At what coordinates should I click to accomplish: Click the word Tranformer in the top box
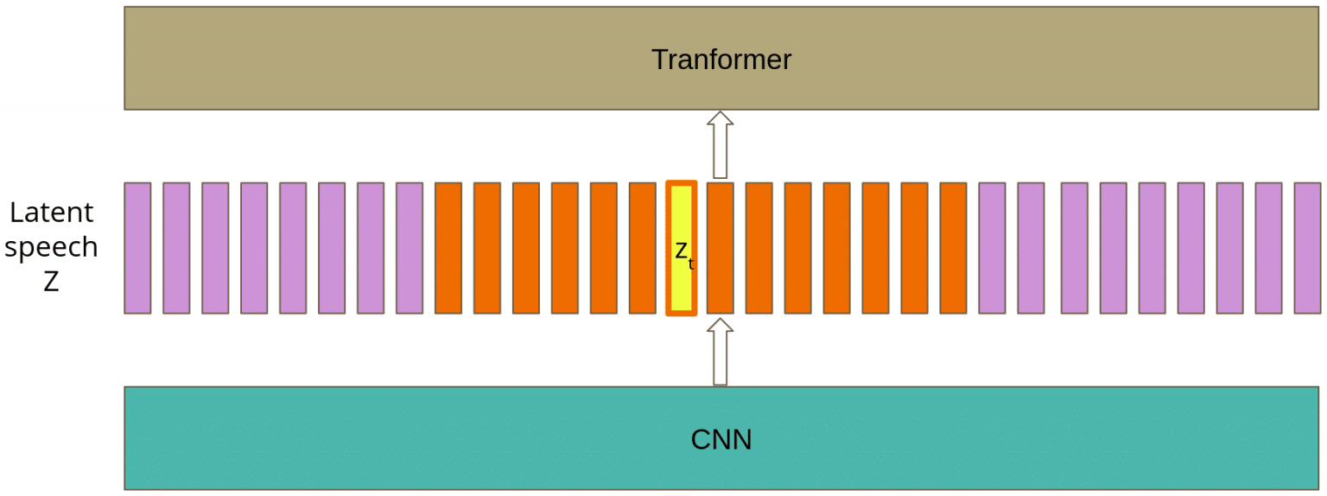pyautogui.click(x=721, y=60)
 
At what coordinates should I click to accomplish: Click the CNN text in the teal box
pyautogui.click(x=721, y=439)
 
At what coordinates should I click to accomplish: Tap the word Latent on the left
pyautogui.click(x=51, y=212)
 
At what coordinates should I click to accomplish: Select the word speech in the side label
pyautogui.click(x=51, y=247)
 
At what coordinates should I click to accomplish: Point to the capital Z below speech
pyautogui.click(x=51, y=282)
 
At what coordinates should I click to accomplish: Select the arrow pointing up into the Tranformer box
pyautogui.click(x=720, y=144)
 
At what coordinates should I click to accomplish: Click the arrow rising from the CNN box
pyautogui.click(x=720, y=351)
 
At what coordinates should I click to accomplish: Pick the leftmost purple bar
pyautogui.click(x=137, y=248)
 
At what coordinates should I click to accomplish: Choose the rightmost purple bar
pyautogui.click(x=1307, y=248)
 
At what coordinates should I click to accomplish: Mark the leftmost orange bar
pyautogui.click(x=448, y=248)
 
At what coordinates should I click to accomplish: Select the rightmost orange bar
pyautogui.click(x=953, y=248)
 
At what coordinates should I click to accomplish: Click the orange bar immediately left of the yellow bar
pyautogui.click(x=643, y=248)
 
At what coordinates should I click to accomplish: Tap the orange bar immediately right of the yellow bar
pyautogui.click(x=720, y=248)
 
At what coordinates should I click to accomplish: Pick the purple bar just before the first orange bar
pyautogui.click(x=410, y=248)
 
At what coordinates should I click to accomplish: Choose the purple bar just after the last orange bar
pyautogui.click(x=992, y=248)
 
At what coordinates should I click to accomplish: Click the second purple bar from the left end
pyautogui.click(x=176, y=248)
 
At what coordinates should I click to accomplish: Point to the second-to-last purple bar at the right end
pyautogui.click(x=1268, y=248)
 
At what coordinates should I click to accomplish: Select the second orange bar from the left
pyautogui.click(x=487, y=248)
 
